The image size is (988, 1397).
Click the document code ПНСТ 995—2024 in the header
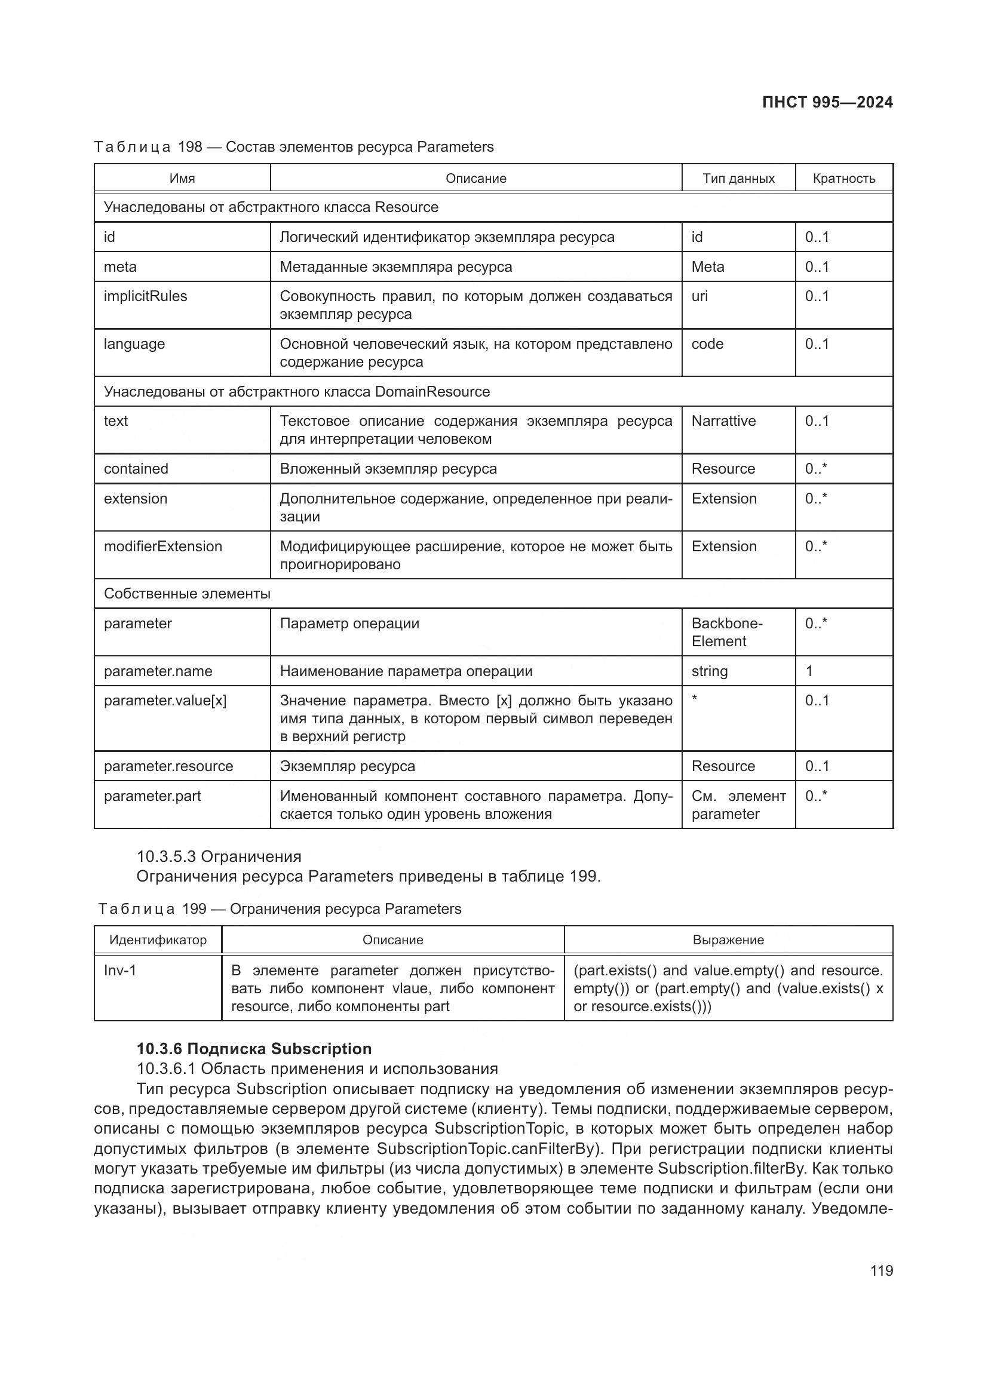pyautogui.click(x=827, y=102)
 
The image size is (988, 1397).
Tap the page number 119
pyautogui.click(x=881, y=1270)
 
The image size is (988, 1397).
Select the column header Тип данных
pyautogui.click(x=738, y=178)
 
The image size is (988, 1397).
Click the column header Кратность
pyautogui.click(x=843, y=178)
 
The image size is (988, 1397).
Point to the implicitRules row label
pyautogui.click(x=145, y=296)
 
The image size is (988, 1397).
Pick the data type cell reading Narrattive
pyautogui.click(x=723, y=421)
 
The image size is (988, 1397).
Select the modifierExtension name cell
pyautogui.click(x=163, y=546)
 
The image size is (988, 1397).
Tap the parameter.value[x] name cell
pyautogui.click(x=165, y=701)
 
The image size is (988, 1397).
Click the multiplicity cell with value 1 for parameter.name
pyautogui.click(x=809, y=671)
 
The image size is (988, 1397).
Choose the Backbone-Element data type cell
pyautogui.click(x=726, y=632)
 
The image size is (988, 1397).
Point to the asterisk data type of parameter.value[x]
pyautogui.click(x=695, y=699)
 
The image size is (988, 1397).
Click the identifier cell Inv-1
pyautogui.click(x=120, y=971)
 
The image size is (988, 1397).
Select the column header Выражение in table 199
pyautogui.click(x=728, y=940)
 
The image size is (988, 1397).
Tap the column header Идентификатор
pyautogui.click(x=158, y=940)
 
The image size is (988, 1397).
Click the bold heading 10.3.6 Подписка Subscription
pyautogui.click(x=254, y=1049)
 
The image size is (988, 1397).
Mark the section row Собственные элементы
pyautogui.click(x=187, y=594)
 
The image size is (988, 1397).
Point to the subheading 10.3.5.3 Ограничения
pyautogui.click(x=219, y=856)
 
